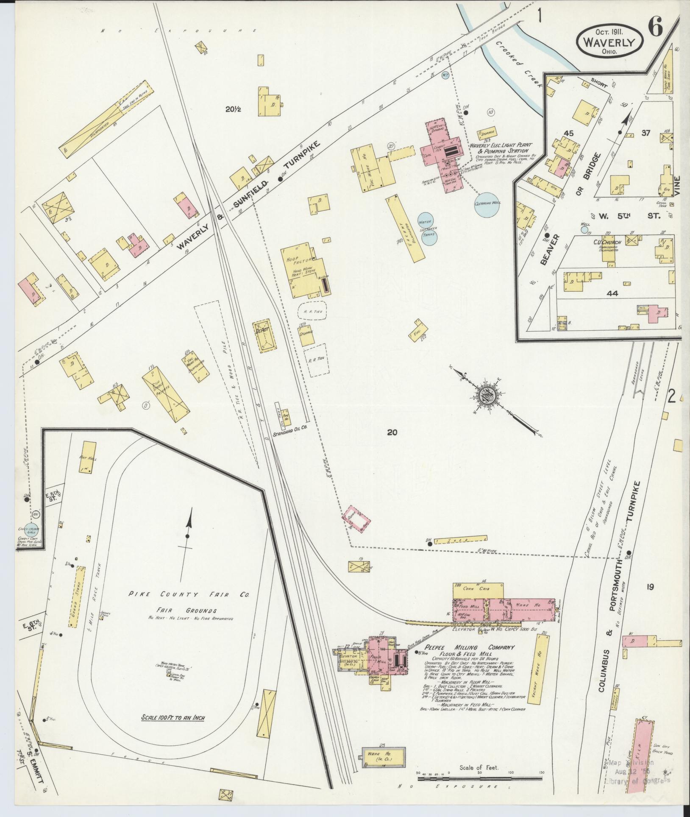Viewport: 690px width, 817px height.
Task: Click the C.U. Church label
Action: click(607, 243)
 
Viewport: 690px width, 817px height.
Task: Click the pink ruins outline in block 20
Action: click(357, 519)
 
